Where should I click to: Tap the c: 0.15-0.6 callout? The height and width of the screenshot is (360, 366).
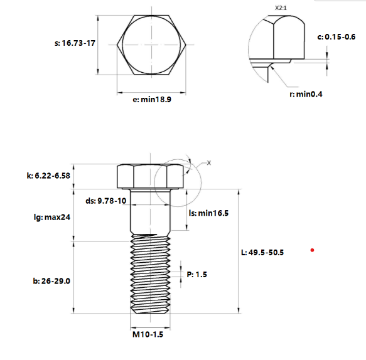point(337,37)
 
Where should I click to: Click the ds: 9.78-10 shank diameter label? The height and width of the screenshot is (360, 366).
point(105,201)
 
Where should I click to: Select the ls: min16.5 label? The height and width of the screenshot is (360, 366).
point(208,213)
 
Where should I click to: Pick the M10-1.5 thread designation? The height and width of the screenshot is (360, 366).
point(148,336)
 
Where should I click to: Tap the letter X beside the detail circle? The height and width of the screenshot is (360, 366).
point(209,163)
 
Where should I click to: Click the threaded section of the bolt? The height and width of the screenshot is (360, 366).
point(151,276)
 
